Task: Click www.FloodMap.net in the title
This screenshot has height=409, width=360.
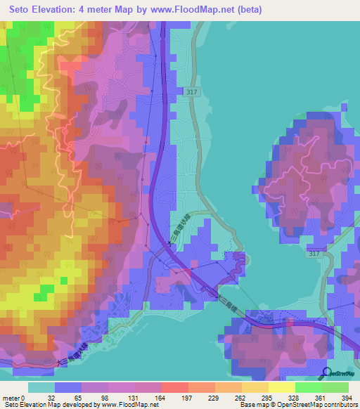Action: click(223, 9)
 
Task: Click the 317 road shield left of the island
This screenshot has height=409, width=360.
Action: click(193, 92)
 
